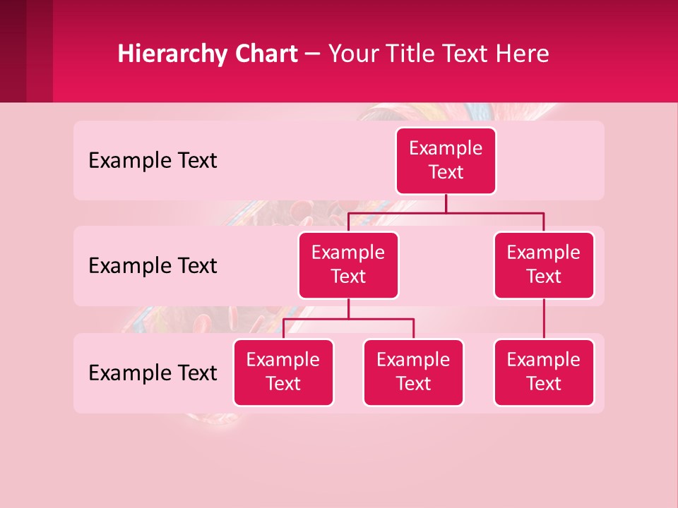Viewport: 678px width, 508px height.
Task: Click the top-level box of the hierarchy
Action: point(446,160)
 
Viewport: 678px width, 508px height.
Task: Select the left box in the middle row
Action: point(348,265)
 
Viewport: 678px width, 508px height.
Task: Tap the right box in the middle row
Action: point(544,265)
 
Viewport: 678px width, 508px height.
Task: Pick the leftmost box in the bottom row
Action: point(283,372)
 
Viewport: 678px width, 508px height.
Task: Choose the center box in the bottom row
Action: point(413,372)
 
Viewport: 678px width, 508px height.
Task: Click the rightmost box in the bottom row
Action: point(544,372)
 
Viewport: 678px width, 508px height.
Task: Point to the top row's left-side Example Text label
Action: point(153,161)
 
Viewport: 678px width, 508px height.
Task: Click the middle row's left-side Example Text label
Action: point(153,266)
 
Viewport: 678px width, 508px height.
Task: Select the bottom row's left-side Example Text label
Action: point(153,373)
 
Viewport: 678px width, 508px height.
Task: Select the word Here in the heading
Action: point(523,54)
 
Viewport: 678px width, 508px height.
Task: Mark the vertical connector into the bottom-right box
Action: point(544,319)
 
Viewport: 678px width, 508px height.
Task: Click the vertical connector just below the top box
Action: point(446,203)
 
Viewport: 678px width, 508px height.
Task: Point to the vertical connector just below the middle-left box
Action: point(348,308)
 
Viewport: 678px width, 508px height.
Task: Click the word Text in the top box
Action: point(446,172)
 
